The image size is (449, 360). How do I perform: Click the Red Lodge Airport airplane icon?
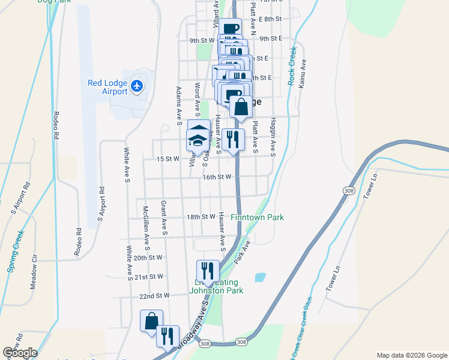click(x=137, y=86)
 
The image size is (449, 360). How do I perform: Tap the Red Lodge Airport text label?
click(x=107, y=87)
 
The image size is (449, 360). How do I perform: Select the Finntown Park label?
click(x=258, y=217)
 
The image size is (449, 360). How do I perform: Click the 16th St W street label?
click(x=217, y=177)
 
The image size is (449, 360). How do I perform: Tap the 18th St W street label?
click(x=200, y=217)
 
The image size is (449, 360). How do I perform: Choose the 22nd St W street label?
click(x=154, y=296)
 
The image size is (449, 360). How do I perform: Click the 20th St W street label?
click(x=148, y=257)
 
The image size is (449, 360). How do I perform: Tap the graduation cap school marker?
click(x=197, y=142)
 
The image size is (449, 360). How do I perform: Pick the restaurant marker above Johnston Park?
click(x=208, y=271)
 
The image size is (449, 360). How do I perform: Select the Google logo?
click(x=20, y=353)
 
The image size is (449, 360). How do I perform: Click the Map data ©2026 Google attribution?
click(x=411, y=355)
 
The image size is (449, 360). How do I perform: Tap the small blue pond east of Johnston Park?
click(x=260, y=278)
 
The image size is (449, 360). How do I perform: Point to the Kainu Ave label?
click(x=304, y=71)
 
